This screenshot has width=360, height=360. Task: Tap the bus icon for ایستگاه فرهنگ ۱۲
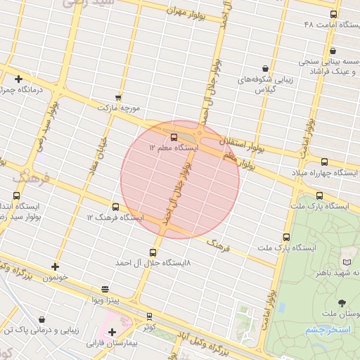(x=116, y=207)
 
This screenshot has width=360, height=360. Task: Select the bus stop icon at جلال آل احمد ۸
(x=153, y=252)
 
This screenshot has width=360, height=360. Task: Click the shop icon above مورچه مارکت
(x=118, y=98)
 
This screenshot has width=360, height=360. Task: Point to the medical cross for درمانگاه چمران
(x=18, y=79)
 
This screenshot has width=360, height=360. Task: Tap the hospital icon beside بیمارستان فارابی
(x=112, y=332)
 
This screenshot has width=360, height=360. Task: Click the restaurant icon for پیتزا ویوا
(x=105, y=289)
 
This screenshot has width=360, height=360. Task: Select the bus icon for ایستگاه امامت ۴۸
(x=333, y=14)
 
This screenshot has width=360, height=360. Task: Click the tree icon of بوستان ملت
(x=342, y=303)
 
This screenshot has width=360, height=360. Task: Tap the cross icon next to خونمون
(x=55, y=266)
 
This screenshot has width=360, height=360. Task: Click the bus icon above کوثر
(x=149, y=316)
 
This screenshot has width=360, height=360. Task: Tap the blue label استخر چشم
(x=323, y=329)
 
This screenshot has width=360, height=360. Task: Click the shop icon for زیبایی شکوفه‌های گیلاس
(x=265, y=68)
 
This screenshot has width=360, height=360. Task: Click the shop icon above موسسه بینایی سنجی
(x=332, y=51)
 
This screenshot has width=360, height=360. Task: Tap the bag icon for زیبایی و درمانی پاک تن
(x=42, y=319)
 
